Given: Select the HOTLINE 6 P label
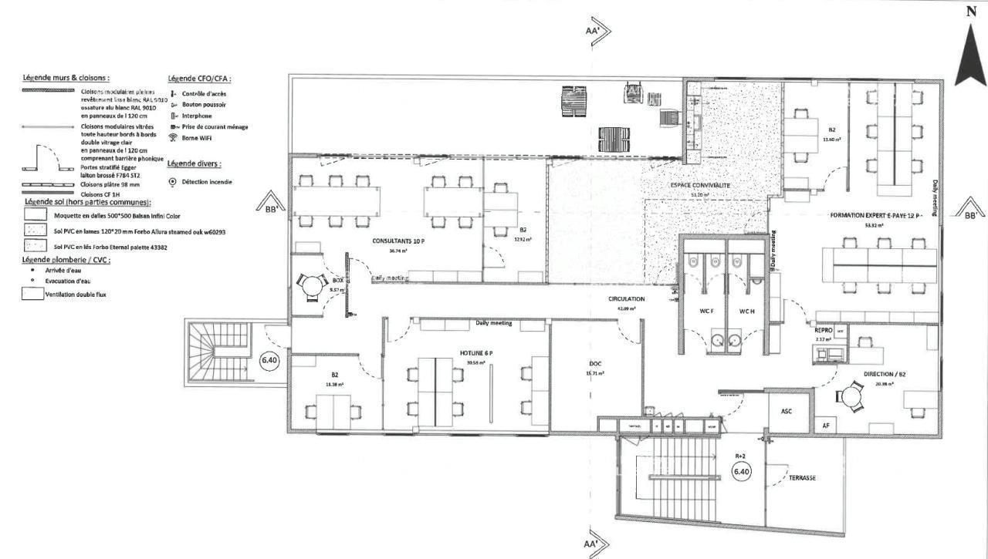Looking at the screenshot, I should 476,352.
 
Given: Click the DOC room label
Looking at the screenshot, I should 594,363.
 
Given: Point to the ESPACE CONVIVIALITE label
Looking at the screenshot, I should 700,186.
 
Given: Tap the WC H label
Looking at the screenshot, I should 746,311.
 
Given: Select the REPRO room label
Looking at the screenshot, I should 824,329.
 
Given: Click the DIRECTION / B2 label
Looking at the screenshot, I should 885,374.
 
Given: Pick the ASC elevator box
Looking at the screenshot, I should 787,412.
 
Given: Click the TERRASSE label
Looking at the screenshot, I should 802,477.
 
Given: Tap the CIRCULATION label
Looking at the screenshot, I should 626,298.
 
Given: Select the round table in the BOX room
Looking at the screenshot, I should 311,287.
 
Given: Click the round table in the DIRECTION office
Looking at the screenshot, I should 851,396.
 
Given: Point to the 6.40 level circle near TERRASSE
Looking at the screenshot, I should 741,471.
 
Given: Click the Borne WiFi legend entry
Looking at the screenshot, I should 196,138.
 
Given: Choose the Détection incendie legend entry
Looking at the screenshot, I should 201,182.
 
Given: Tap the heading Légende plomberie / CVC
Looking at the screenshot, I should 67,260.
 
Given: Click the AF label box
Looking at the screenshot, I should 825,425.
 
